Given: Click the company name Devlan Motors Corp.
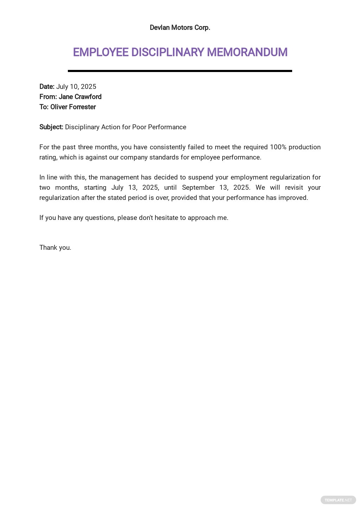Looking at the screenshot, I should (180, 27).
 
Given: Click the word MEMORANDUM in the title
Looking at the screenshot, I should (247, 52).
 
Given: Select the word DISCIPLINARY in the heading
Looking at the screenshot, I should (168, 52).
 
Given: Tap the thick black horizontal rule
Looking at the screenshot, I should (180, 71).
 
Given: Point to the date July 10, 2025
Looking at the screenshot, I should (76, 86).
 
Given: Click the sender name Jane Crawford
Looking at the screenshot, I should (80, 97).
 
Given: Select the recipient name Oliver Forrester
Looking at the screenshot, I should (73, 107).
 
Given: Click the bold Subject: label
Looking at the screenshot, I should (51, 127).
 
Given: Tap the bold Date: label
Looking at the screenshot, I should (47, 86).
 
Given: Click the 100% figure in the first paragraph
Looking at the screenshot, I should (278, 147).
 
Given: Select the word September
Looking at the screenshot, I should (198, 187).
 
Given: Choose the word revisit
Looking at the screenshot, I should (294, 187).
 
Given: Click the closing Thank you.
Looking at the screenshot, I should (55, 247).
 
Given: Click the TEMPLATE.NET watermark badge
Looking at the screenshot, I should (338, 500).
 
